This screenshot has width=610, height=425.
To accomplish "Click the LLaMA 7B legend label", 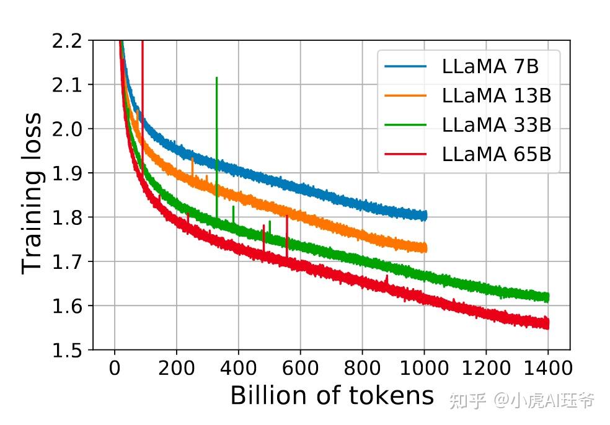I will pos(492,67).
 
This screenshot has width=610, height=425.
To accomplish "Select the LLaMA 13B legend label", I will pos(497,96).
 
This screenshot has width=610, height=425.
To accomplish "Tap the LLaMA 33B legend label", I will pos(497,125).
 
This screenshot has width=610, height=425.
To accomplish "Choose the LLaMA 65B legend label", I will pos(497,154).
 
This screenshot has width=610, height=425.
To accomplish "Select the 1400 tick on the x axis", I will pos(548,369).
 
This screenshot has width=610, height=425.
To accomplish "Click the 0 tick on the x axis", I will pos(115,369).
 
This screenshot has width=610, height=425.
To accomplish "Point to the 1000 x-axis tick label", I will pos(424,369).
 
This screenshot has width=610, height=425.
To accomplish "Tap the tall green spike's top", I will pos(216,78).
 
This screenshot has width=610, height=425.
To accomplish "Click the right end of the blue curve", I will pos(426,216).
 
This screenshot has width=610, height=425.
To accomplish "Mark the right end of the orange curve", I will pos(426,248).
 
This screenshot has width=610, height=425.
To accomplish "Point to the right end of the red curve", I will pos(548,323).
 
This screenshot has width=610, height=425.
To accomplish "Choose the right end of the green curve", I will pos(548,297).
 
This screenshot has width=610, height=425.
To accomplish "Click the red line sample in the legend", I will pos(405,154).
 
